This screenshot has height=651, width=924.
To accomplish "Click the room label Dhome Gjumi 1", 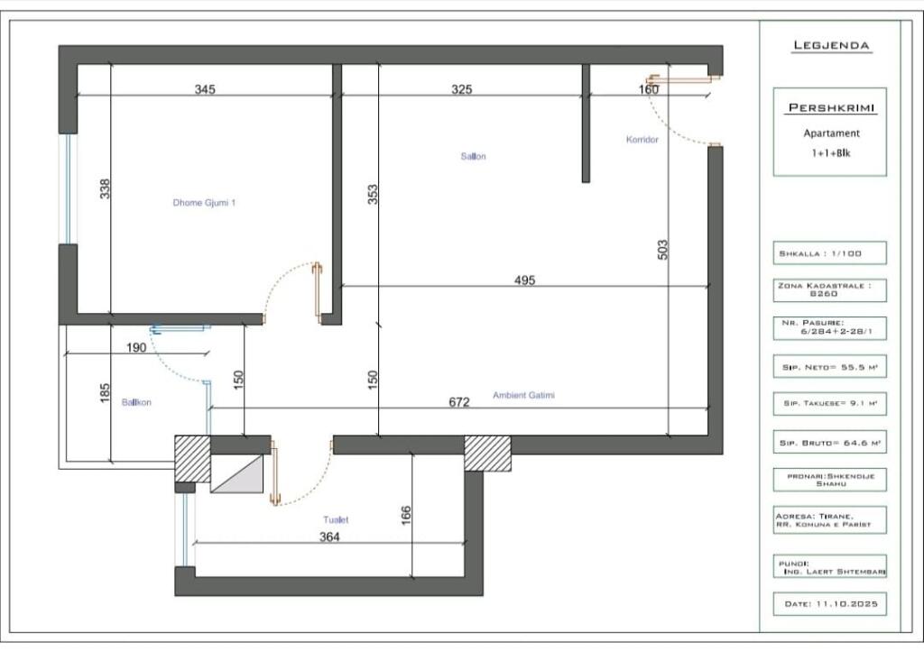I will pos(204,203).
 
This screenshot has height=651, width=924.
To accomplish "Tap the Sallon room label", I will pos(474,156).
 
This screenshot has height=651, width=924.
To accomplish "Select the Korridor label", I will pos(642,140).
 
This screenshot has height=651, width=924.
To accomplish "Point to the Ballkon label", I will pos(136,402).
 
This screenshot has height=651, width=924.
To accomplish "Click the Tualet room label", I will pos(336,519).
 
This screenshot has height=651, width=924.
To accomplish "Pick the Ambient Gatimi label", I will pos(523,395).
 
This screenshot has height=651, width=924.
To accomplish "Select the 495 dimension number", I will pos(524,280).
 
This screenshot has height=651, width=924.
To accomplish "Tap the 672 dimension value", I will pos(459,402).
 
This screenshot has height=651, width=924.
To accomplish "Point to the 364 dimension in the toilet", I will pos(330,536).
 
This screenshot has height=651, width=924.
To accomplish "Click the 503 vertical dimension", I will pos(662,250).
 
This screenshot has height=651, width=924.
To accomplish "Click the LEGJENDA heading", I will pos(831,45).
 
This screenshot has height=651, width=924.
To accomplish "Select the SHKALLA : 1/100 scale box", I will pos(829,253).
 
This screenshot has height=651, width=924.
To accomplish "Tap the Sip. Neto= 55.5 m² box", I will pos(829,367).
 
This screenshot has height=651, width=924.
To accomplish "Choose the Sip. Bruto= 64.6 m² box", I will pos(829,443).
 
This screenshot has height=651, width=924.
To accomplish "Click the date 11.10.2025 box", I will pos(829,602).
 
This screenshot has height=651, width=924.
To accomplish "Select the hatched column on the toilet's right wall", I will pos(486,453).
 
